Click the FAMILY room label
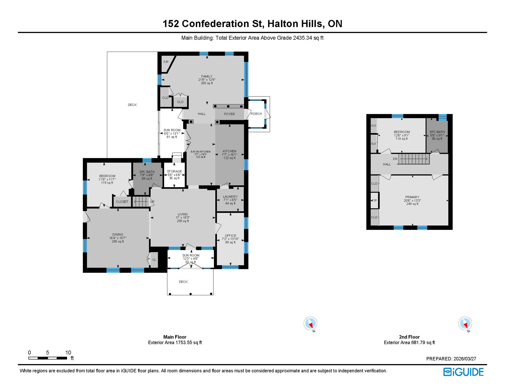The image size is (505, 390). click(207, 76)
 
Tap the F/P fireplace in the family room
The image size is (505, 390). click(166, 62)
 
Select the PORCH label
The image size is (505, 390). click(256, 114)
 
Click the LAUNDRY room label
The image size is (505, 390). click(230, 197)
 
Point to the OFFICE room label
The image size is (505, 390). click(230, 236)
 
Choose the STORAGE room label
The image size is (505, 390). click(174, 171)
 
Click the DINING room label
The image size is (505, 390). click(118, 235)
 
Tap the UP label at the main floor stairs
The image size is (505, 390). click(152, 202)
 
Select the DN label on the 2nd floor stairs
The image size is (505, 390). click(395, 159)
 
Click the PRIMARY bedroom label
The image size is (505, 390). click(412, 197)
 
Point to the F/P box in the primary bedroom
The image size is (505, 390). click(374, 201)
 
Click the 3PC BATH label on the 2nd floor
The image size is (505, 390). click(437, 132)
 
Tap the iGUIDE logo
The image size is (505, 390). click(463, 372)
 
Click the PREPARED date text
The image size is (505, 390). click(451, 359)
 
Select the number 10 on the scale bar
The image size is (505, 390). click(68, 352)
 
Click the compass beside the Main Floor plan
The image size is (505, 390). click(310, 324)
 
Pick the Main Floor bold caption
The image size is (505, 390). click(175, 337)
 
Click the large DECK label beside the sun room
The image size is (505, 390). click(132, 105)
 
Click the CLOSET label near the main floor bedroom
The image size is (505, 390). click(122, 202)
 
